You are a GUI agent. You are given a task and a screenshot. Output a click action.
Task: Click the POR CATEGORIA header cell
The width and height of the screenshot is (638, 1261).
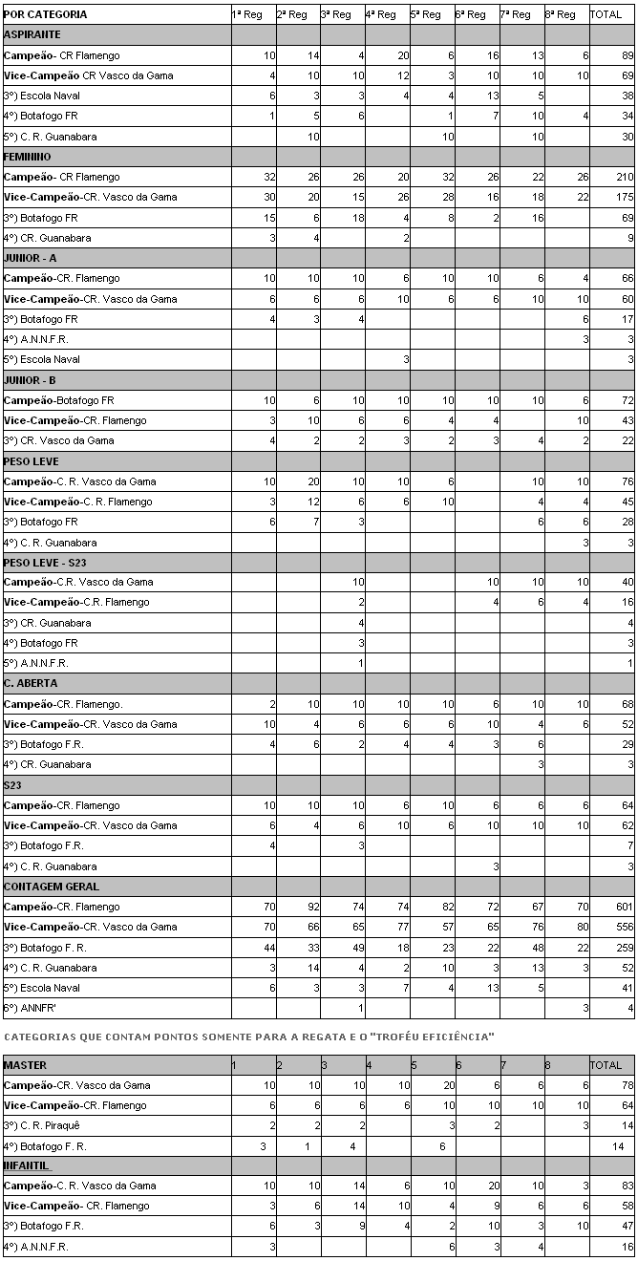point(46,14)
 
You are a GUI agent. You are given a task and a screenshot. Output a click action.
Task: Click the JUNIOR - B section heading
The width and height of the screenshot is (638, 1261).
point(31,380)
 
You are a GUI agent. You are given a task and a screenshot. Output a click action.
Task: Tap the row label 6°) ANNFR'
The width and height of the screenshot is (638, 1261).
point(30,1008)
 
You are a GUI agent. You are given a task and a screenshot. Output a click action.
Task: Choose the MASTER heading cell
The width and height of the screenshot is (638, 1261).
point(26,1065)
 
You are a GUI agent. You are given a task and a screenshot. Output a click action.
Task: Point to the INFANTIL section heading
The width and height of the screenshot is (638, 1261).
point(28,1165)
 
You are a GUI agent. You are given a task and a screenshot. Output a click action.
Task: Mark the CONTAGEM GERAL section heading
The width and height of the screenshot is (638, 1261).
point(52,887)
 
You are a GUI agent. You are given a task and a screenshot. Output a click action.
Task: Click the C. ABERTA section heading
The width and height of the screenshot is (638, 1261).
point(31,683)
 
